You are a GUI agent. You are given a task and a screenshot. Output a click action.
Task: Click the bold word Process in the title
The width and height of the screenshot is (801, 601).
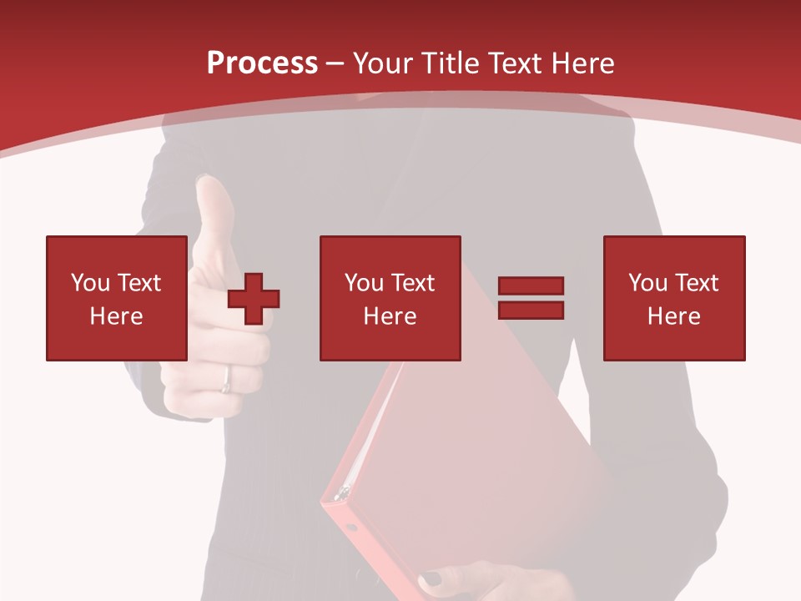tap(262, 63)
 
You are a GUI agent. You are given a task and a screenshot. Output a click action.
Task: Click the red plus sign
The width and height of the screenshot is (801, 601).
tap(254, 299)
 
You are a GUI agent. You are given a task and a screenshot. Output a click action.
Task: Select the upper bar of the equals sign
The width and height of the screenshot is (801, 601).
tap(531, 286)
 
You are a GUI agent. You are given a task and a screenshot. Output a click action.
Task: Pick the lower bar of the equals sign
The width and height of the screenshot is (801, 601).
tap(531, 310)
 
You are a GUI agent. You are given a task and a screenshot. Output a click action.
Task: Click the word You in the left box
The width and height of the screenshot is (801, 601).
tap(90, 283)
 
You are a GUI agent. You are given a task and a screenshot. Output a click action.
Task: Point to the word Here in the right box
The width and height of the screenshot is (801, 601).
tap(674, 316)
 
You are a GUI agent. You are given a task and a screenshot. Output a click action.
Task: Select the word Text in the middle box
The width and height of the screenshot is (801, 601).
tap(412, 283)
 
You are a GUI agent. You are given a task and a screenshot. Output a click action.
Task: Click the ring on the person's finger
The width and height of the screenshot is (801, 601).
tap(225, 380)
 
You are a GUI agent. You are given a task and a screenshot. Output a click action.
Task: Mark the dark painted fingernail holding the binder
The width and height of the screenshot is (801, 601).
tap(430, 578)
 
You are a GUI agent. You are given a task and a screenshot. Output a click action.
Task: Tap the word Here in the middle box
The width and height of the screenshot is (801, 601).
tap(390, 316)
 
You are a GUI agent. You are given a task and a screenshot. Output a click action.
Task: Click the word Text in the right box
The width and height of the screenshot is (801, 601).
tap(696, 283)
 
